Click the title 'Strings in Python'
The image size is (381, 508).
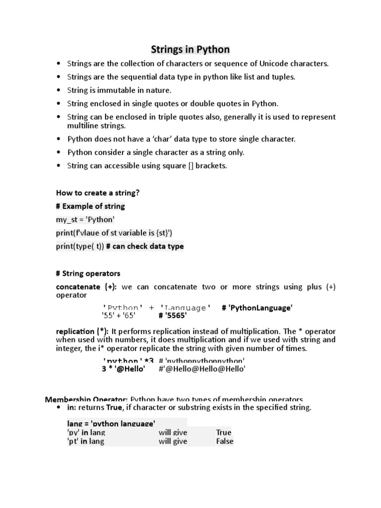[190, 50]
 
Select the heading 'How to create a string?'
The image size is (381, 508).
[98, 192]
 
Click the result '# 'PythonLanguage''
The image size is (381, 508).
[257, 308]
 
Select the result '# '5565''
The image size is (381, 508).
[169, 315]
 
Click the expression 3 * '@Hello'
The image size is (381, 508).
[124, 369]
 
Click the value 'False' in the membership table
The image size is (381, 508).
[224, 442]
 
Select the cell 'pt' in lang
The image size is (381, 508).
[85, 442]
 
